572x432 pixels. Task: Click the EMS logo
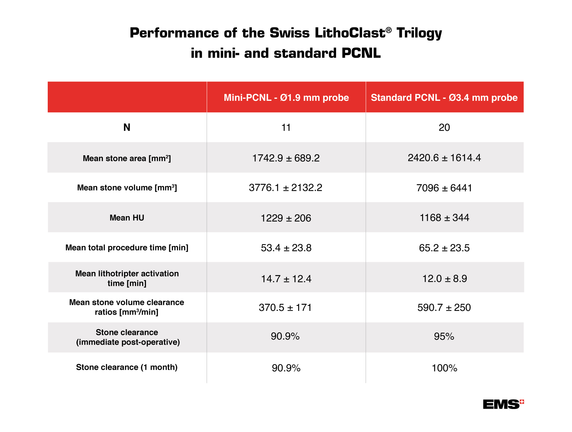click(503, 404)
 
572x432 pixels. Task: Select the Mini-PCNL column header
click(286, 98)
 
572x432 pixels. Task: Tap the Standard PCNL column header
click(444, 98)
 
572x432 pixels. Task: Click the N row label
click(127, 128)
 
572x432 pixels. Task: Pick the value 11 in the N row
click(286, 128)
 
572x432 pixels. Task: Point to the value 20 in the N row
click(444, 128)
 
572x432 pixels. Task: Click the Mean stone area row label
click(127, 158)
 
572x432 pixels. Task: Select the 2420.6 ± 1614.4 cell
click(444, 158)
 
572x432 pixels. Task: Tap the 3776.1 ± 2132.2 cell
click(286, 188)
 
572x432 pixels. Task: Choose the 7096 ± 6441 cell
click(444, 188)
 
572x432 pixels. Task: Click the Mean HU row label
click(127, 218)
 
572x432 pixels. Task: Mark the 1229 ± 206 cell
click(286, 218)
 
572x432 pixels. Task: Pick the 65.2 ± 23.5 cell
click(444, 248)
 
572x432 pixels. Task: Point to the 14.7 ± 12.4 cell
click(286, 279)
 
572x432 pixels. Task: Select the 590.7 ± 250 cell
click(444, 308)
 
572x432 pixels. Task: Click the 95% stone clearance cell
click(444, 337)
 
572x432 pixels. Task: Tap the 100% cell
click(444, 368)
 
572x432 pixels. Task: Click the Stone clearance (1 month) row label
click(127, 367)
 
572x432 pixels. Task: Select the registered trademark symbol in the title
click(389, 30)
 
